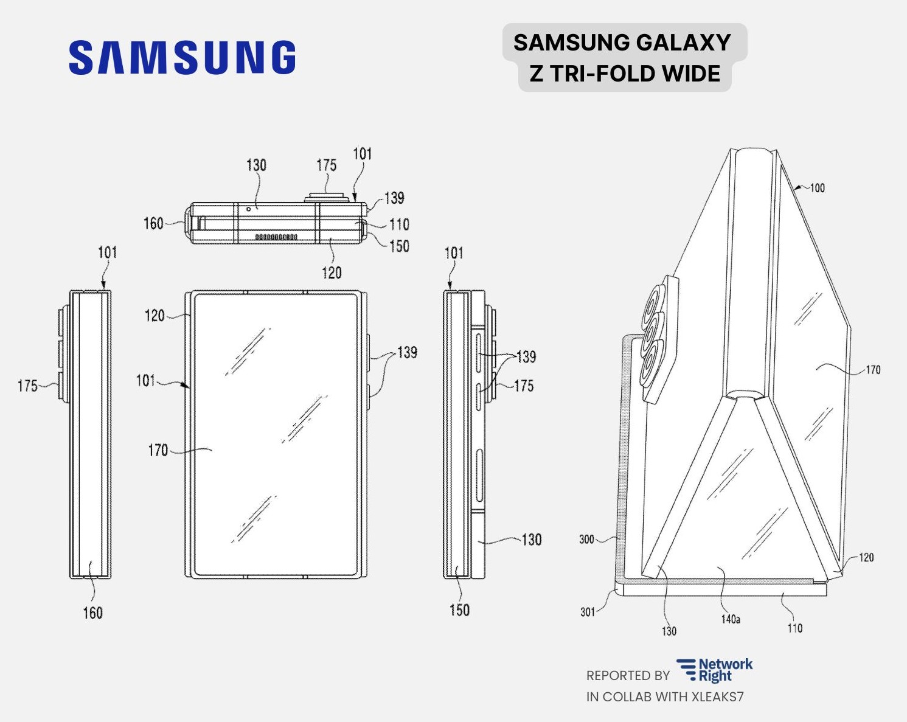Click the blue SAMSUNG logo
[182, 58]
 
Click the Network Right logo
[715, 670]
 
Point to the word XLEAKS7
[717, 697]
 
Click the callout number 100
[817, 188]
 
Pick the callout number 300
[586, 539]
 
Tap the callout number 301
[588, 612]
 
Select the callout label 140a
[731, 619]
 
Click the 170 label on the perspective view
[872, 370]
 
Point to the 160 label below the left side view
[93, 613]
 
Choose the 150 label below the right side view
[459, 609]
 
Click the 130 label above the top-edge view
[256, 165]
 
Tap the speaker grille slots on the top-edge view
[276, 237]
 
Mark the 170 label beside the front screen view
[158, 450]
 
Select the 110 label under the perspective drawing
[794, 628]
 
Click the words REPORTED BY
[628, 676]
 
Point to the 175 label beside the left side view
[27, 386]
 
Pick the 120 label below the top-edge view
[332, 272]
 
